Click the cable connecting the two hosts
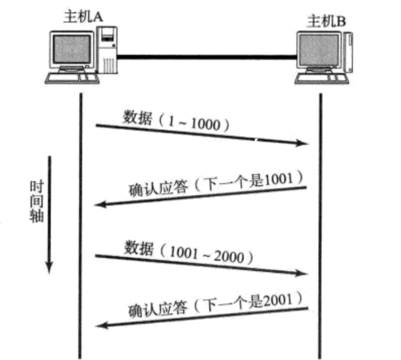tap(206, 56)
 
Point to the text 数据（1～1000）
tap(175, 122)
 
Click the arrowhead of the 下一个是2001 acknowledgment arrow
tap(101, 326)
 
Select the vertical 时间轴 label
tap(35, 203)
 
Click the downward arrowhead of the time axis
tap(50, 266)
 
